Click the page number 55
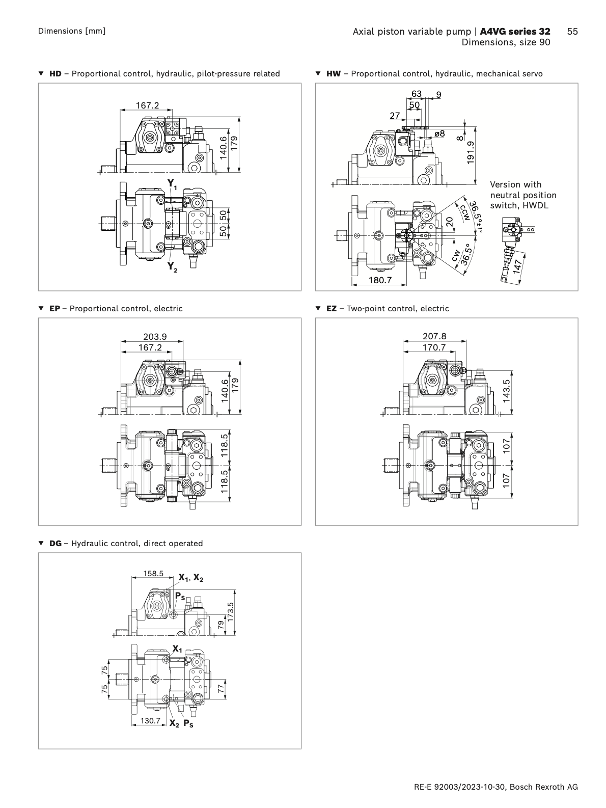pyautogui.click(x=572, y=32)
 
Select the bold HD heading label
pyautogui.click(x=55, y=74)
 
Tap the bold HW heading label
pyautogui.click(x=334, y=74)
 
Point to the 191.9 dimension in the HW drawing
pyautogui.click(x=470, y=152)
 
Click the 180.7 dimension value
pyautogui.click(x=380, y=280)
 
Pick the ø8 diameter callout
pyautogui.click(x=439, y=133)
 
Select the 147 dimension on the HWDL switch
pyautogui.click(x=518, y=266)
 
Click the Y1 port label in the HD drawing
pyautogui.click(x=172, y=184)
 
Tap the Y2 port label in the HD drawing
pyautogui.click(x=172, y=266)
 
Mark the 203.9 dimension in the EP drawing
pyautogui.click(x=155, y=336)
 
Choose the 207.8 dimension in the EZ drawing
pyautogui.click(x=434, y=336)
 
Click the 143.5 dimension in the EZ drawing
pyautogui.click(x=506, y=391)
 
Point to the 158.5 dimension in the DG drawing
pyautogui.click(x=153, y=574)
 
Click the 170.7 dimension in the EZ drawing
pyautogui.click(x=434, y=347)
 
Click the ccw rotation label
pyautogui.click(x=465, y=212)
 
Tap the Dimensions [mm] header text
pyautogui.click(x=72, y=31)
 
